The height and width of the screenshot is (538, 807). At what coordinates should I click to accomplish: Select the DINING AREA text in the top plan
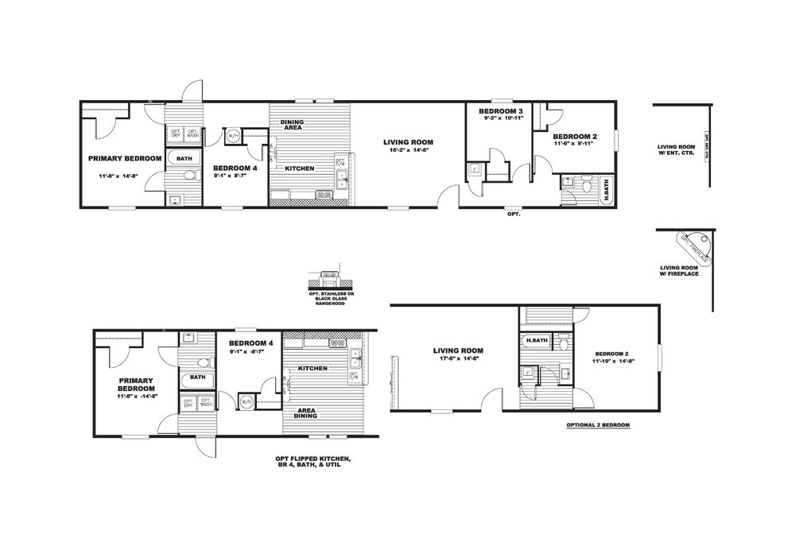tap(293, 124)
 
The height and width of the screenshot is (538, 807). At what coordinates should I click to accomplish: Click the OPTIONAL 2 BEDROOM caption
tap(598, 426)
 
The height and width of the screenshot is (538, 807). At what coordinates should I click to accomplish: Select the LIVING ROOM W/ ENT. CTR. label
tap(676, 150)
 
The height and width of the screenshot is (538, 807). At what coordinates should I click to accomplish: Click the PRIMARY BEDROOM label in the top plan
tap(125, 158)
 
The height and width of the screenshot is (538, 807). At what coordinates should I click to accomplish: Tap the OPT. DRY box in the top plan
tap(176, 134)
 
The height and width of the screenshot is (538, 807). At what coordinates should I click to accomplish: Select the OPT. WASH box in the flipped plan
tap(206, 403)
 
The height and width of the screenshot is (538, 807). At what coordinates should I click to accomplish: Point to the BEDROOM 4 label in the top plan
tap(235, 168)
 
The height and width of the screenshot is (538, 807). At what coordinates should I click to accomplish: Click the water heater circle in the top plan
tap(233, 137)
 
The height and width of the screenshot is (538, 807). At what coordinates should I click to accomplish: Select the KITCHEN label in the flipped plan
tap(312, 369)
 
